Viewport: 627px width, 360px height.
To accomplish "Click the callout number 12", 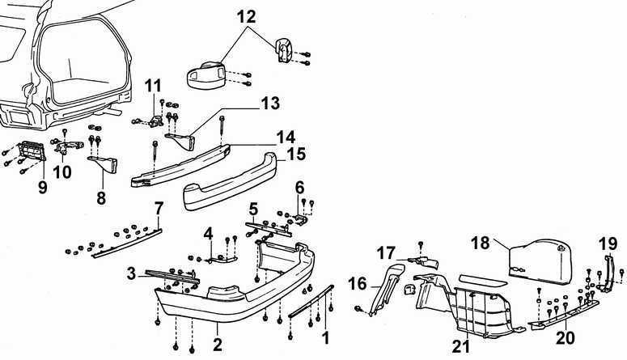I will tap(246, 15).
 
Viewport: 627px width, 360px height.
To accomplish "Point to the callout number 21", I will tap(460, 348).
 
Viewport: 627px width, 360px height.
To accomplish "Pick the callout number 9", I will tap(42, 188).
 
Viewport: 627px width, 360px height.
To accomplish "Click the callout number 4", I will tap(208, 234).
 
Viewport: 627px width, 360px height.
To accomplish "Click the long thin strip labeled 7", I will tap(129, 240).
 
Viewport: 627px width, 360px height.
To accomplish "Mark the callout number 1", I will tap(325, 333).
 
